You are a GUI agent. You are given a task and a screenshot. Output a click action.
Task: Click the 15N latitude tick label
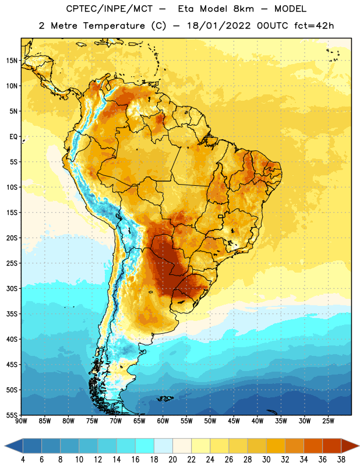[12, 61]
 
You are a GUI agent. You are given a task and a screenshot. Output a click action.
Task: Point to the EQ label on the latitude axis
[13, 137]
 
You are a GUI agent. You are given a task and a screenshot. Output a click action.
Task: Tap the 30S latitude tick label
[12, 288]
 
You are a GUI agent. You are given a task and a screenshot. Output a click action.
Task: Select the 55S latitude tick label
[12, 415]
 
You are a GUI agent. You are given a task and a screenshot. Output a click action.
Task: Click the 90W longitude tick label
[21, 421]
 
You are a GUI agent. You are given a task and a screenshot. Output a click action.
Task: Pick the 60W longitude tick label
[163, 421]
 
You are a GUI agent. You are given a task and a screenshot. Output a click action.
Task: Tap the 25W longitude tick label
[328, 421]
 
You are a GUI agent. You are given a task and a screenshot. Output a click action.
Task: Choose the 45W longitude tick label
[234, 421]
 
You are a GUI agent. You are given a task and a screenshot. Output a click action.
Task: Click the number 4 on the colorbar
[23, 460]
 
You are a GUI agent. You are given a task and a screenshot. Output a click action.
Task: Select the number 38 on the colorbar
[341, 460]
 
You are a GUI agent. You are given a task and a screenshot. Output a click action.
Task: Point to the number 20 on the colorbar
[172, 460]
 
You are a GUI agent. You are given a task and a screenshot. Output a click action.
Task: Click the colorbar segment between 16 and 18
[145, 446]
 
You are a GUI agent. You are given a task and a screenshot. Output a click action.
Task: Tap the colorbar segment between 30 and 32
[276, 446]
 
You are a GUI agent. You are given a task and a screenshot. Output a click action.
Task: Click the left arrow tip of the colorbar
[5, 446]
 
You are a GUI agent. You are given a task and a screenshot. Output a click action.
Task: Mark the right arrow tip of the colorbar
[359, 446]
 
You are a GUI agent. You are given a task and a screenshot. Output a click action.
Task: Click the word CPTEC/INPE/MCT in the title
[110, 9]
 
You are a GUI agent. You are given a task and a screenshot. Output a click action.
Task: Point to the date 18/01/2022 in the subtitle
[219, 26]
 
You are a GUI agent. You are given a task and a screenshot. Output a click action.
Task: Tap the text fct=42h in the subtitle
[314, 26]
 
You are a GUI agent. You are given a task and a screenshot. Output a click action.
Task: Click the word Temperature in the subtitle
[114, 26]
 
